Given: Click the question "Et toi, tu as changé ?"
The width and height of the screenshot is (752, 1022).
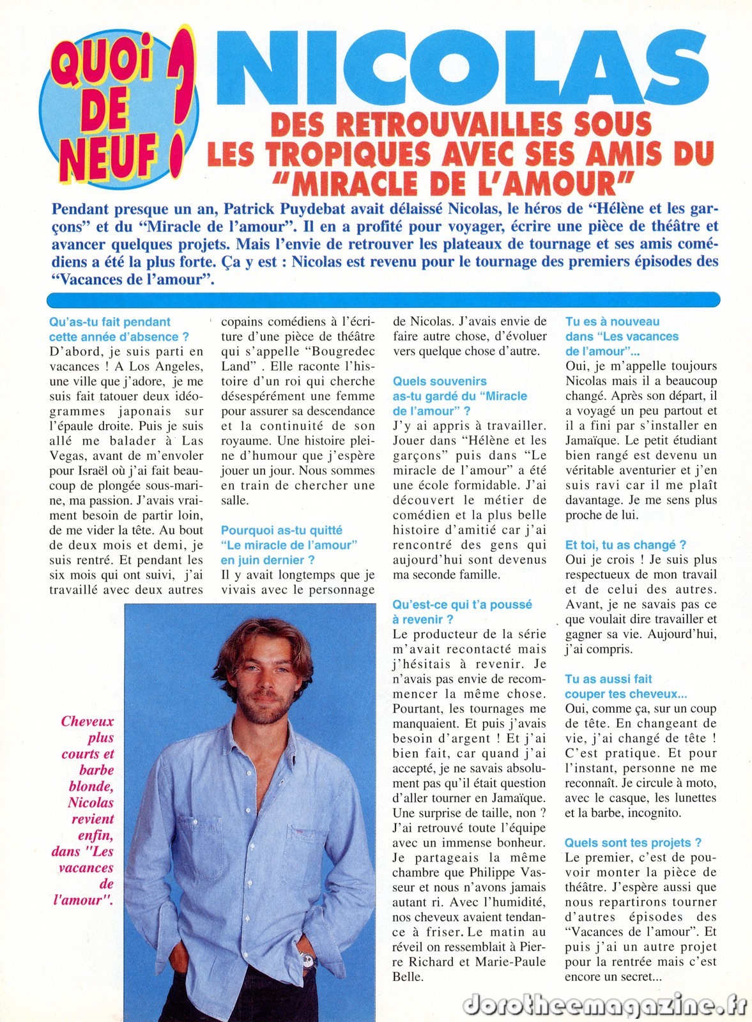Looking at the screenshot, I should [x=625, y=545].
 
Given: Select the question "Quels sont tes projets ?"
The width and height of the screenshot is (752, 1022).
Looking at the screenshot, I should [x=633, y=843].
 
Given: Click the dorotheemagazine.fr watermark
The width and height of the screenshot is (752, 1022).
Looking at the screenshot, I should [x=604, y=1003].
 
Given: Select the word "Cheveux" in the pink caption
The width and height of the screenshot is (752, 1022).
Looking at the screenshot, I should [x=88, y=721].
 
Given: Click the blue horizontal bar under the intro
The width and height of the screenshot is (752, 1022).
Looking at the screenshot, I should [x=383, y=300].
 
